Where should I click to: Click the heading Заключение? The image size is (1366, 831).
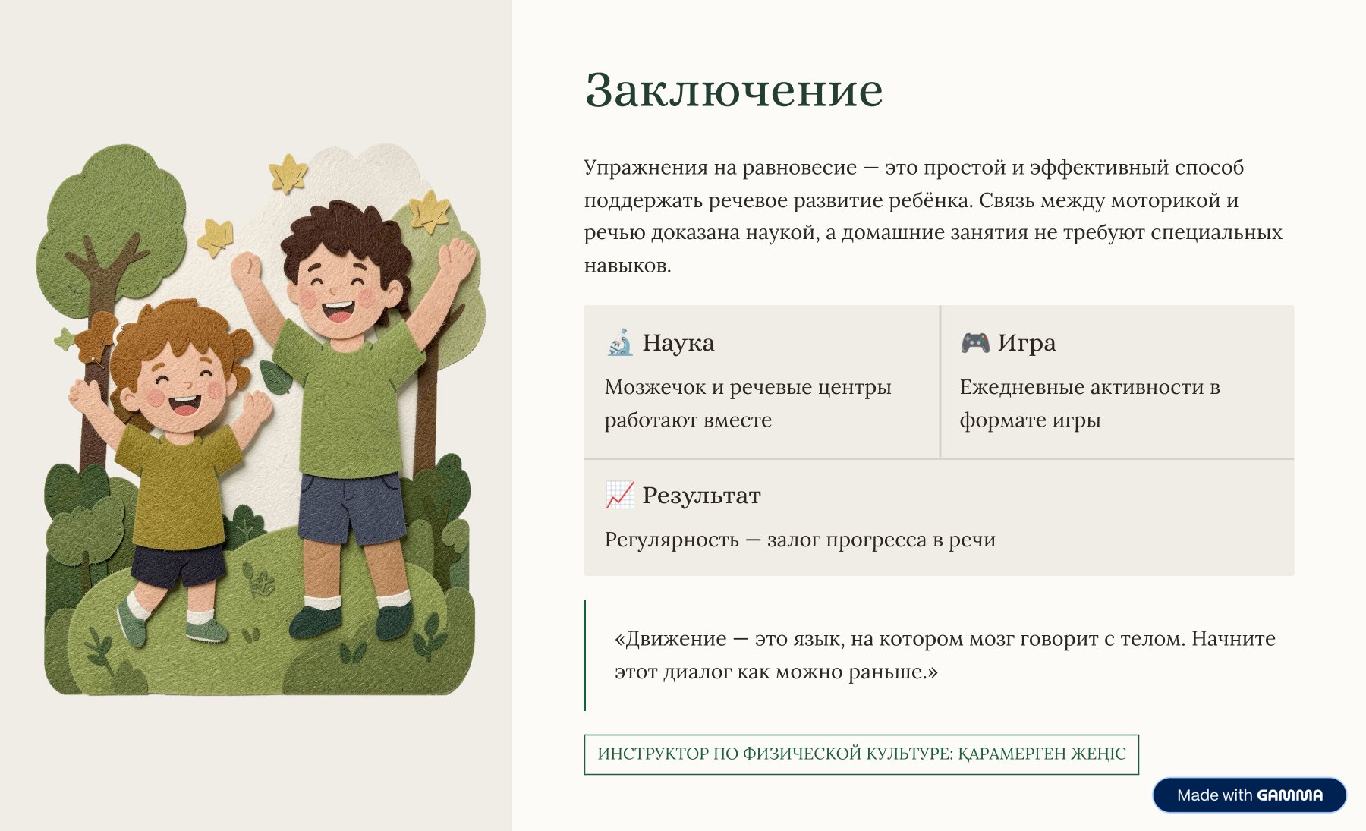(734, 90)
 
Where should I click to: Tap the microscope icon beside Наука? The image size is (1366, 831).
(620, 342)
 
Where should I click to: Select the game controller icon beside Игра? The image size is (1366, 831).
(975, 342)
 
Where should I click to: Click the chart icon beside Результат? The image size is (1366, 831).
(620, 495)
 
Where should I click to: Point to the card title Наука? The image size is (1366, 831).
(678, 343)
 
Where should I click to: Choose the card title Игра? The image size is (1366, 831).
(1026, 343)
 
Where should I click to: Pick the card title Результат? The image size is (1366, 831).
(701, 496)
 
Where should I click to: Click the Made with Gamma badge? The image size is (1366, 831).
(1249, 795)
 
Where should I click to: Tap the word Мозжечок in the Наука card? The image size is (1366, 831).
(655, 387)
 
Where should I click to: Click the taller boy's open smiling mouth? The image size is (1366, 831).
(338, 310)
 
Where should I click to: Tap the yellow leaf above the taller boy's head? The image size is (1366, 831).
(288, 173)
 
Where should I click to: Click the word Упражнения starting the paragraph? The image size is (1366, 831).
(645, 168)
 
